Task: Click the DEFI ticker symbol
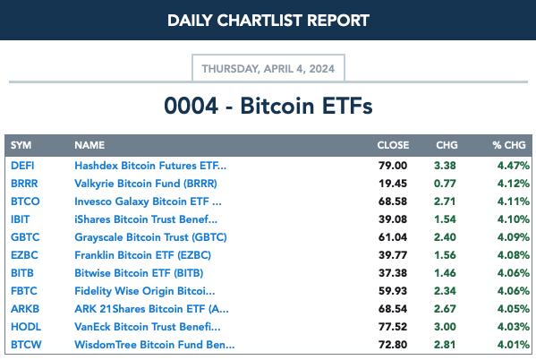pos(22,166)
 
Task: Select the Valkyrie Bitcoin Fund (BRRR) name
pos(146,184)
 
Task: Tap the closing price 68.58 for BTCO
pos(393,201)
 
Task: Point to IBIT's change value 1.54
pos(445,219)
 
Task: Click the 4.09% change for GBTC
pos(514,237)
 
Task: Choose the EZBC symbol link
pos(24,255)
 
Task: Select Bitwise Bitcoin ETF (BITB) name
pos(139,273)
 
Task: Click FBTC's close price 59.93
pos(393,291)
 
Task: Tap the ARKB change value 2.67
pos(445,309)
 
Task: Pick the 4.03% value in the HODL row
pos(514,327)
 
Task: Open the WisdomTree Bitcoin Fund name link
pos(155,345)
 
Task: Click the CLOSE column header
pos(393,145)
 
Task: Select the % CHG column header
pos(509,145)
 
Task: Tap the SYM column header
pos(21,145)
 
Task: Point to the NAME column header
pos(89,145)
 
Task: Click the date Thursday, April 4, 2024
pos(268,69)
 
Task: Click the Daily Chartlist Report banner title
pos(268,21)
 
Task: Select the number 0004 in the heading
pos(191,106)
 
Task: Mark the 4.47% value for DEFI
pos(514,166)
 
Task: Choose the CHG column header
pos(447,145)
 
